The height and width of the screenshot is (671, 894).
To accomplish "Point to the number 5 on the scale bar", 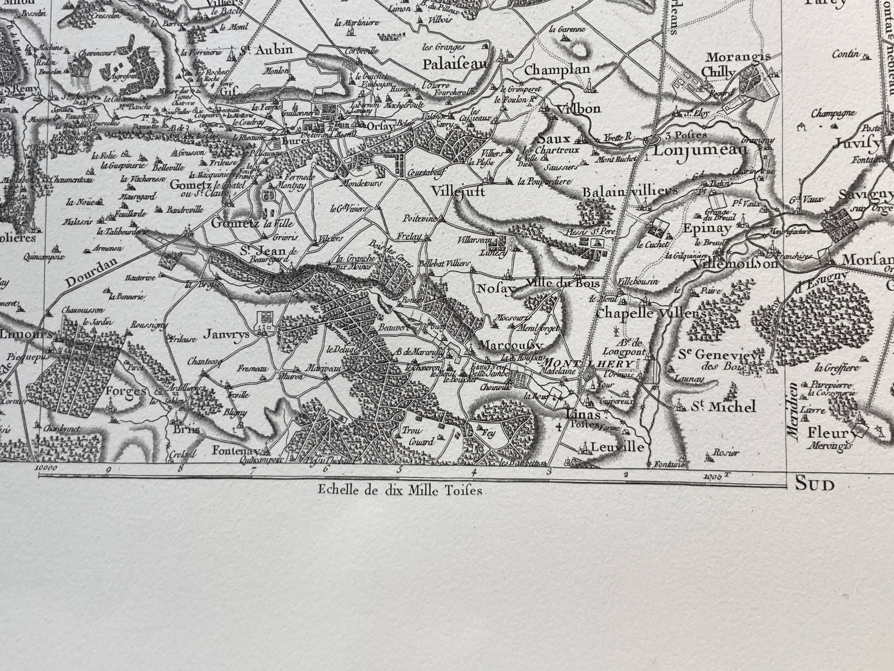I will pos(400,469).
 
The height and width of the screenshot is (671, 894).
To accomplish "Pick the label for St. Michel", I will pos(723,407).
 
